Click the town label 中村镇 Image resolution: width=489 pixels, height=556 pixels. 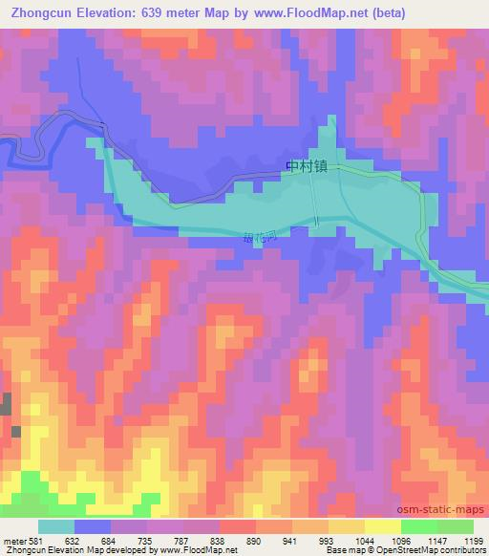coord(306,165)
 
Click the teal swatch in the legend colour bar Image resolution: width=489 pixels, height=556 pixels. coord(56,526)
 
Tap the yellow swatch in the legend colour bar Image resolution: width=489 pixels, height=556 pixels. coord(383,526)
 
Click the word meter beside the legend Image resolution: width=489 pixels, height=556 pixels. coord(15,541)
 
